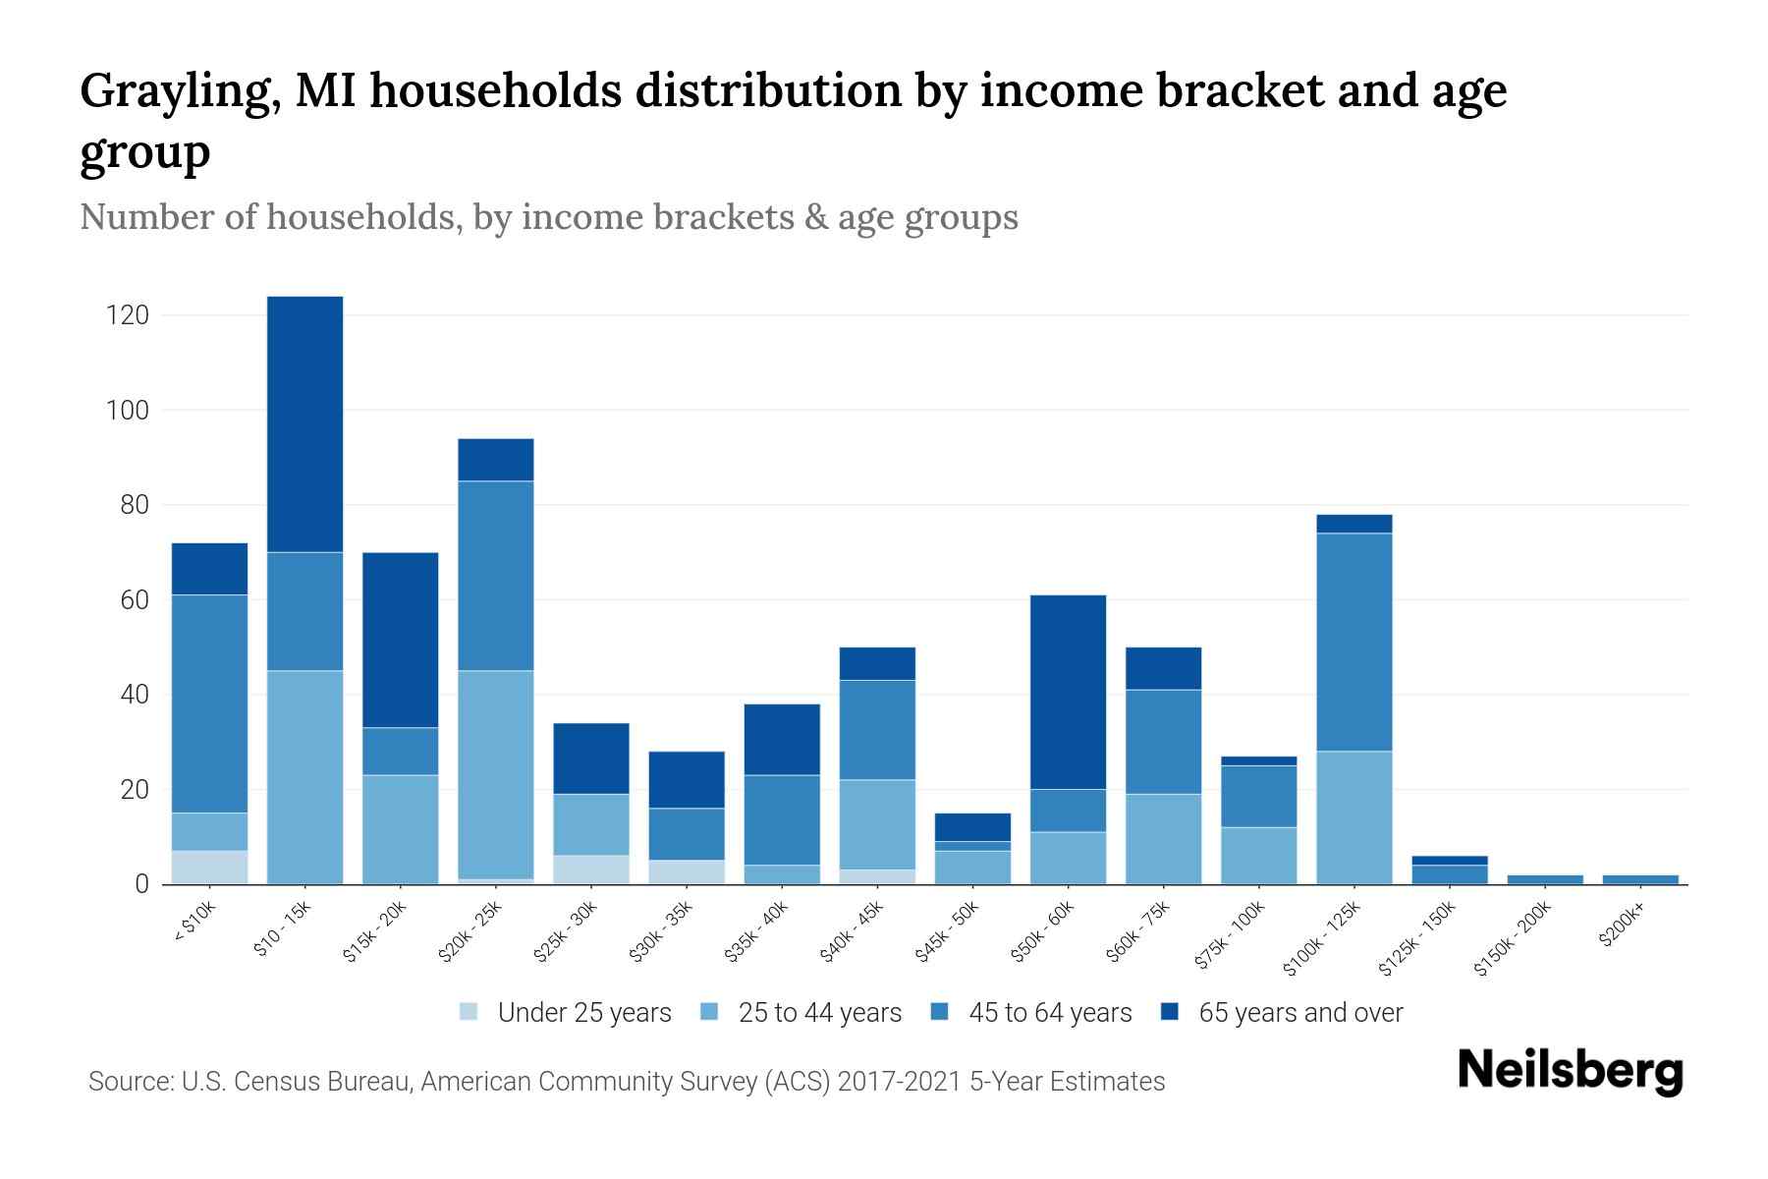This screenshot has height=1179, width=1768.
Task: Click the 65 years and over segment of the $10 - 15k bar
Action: (304, 424)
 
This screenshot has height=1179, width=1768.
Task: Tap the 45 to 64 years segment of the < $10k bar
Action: (209, 703)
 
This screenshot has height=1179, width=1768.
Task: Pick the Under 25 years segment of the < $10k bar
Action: (209, 868)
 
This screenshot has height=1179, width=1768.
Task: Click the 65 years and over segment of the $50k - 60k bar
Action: (1068, 692)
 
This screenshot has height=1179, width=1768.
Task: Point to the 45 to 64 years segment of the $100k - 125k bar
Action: (1354, 643)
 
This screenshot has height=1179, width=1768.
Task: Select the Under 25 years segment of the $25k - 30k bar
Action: (591, 870)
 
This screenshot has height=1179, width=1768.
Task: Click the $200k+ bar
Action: (1640, 879)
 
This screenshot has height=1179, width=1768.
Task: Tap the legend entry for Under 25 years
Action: (583, 1013)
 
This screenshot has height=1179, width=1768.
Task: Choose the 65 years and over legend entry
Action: (1299, 1013)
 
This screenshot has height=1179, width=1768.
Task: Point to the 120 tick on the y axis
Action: (128, 315)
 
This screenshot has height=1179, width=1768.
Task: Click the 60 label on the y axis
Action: (134, 599)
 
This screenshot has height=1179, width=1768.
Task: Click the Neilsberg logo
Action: (1570, 1071)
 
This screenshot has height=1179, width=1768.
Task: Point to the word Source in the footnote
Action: (128, 1082)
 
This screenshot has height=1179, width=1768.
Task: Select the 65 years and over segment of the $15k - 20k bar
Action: (401, 640)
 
